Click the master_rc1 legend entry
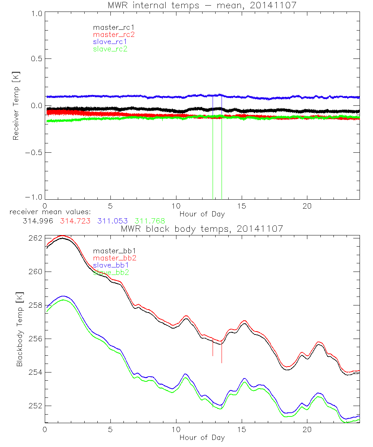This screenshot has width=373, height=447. point(110,28)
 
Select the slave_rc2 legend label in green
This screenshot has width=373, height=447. point(110,49)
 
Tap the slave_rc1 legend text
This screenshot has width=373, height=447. point(110,42)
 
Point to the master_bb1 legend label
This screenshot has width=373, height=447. point(114,251)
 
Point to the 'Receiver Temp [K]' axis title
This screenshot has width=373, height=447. point(16,106)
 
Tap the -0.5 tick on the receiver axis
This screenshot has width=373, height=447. point(34,153)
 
